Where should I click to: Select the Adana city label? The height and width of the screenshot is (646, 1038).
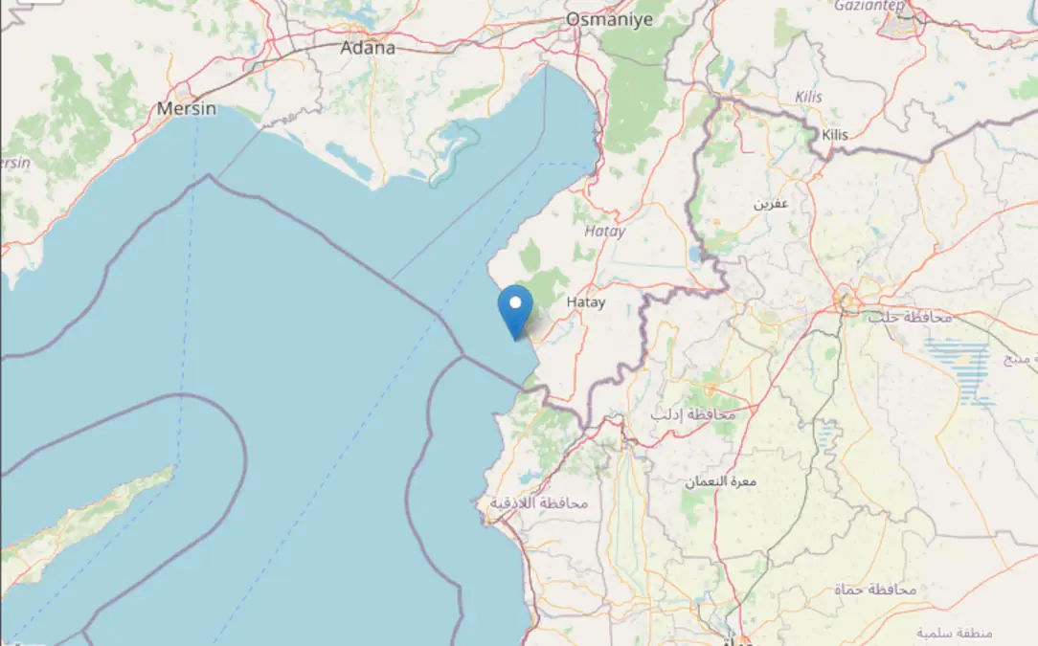pos(368,48)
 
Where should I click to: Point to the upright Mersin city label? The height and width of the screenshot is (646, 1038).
pos(186,109)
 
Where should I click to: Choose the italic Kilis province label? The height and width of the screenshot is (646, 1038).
pos(809,98)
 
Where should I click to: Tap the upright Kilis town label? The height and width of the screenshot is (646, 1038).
pos(835,135)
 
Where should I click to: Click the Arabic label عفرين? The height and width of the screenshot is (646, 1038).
pos(771,204)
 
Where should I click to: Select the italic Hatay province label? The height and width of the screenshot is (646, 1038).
pos(604,231)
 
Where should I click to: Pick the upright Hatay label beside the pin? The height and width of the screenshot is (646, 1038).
pos(586,302)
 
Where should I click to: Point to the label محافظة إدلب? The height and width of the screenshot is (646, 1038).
pos(693,414)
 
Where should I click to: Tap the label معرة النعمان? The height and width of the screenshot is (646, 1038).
pos(722,480)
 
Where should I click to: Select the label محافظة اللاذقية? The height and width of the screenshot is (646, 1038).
pos(539,503)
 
